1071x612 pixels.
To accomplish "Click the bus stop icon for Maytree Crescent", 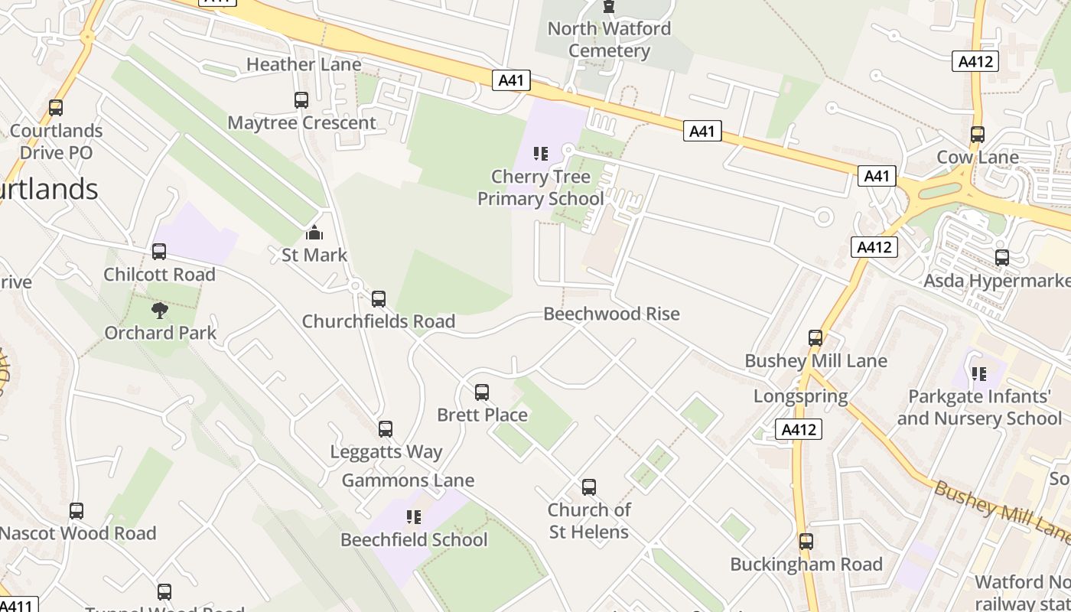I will pos(301,100).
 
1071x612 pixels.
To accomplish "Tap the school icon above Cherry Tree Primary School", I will pos(541,154).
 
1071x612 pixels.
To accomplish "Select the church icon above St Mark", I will pos(314,233).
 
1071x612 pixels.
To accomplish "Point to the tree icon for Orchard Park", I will pos(160,310).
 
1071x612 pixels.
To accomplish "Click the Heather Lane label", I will pos(304,64).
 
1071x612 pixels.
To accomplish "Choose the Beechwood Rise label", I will pos(611,314).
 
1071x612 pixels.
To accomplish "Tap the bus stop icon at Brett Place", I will pos(482,392).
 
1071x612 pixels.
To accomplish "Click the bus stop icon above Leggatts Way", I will pos(386,429).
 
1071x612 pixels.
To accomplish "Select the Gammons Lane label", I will pos(408,480).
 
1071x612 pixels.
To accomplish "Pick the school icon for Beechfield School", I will pos(414,517).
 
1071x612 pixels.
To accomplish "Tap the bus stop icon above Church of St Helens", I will pos(588,487).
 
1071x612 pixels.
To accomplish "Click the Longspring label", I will pos(800,396).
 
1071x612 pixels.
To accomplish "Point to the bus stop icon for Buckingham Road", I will pos(806,542).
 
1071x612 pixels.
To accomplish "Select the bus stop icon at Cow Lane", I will pos(977,135).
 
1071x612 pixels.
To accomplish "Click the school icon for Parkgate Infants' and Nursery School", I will pos(978,374).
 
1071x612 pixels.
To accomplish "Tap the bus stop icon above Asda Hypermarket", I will pos(1002,258).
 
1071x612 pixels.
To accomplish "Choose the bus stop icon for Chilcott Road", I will pos(159,252).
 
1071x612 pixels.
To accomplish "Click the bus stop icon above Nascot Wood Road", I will pos(76,511).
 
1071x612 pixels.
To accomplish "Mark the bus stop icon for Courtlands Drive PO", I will pos(56,108).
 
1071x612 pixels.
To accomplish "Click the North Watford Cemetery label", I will pos(609,40).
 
